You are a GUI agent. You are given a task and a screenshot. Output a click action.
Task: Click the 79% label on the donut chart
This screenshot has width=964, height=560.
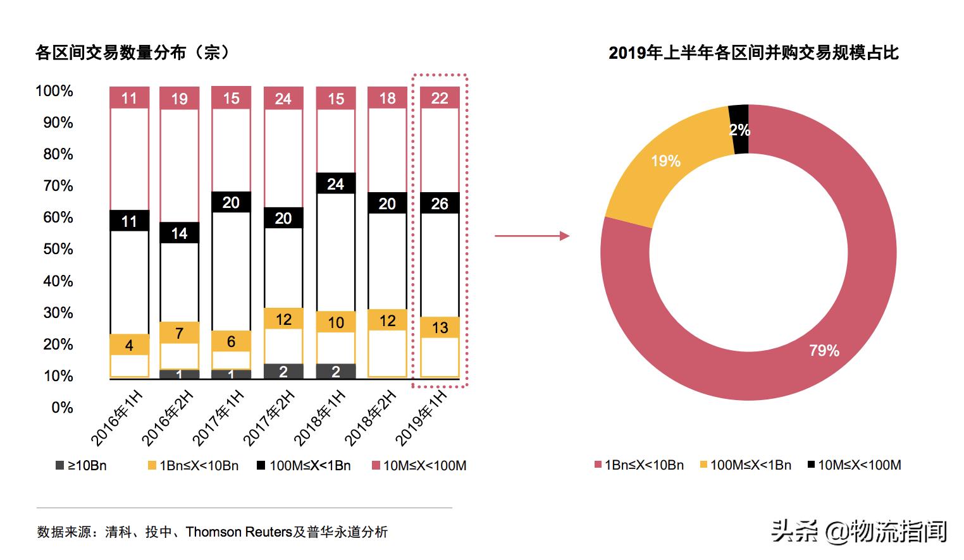824,350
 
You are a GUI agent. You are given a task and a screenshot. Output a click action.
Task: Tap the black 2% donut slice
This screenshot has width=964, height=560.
739,129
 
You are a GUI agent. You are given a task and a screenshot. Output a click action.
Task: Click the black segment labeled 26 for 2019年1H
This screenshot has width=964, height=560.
439,204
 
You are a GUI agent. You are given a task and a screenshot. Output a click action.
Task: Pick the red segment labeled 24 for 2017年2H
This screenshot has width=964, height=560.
283,99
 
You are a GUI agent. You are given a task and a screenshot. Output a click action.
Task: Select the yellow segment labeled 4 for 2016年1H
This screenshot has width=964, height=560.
129,345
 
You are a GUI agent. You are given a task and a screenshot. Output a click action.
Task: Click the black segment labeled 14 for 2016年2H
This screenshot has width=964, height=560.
179,233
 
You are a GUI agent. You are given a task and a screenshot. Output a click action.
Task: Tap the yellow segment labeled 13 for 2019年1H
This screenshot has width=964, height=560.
439,327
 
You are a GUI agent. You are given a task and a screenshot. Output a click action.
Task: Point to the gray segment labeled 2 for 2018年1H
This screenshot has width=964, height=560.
335,372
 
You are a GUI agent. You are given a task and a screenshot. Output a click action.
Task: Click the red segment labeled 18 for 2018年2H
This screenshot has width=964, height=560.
387,98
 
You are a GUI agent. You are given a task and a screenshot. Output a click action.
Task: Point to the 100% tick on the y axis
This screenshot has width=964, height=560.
54,91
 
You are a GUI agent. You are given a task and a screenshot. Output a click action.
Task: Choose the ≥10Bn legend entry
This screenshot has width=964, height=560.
82,466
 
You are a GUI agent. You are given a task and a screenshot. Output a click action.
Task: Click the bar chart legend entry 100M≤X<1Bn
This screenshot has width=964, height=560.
304,466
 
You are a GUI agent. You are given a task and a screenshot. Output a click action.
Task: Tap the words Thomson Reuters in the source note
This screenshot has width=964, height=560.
239,532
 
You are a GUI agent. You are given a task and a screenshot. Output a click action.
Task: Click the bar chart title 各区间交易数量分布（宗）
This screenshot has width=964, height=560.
133,52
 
